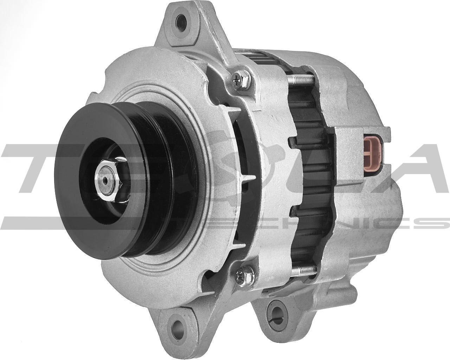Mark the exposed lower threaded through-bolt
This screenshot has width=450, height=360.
tap(303, 270)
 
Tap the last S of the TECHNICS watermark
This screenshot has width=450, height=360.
tap(436, 223)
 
